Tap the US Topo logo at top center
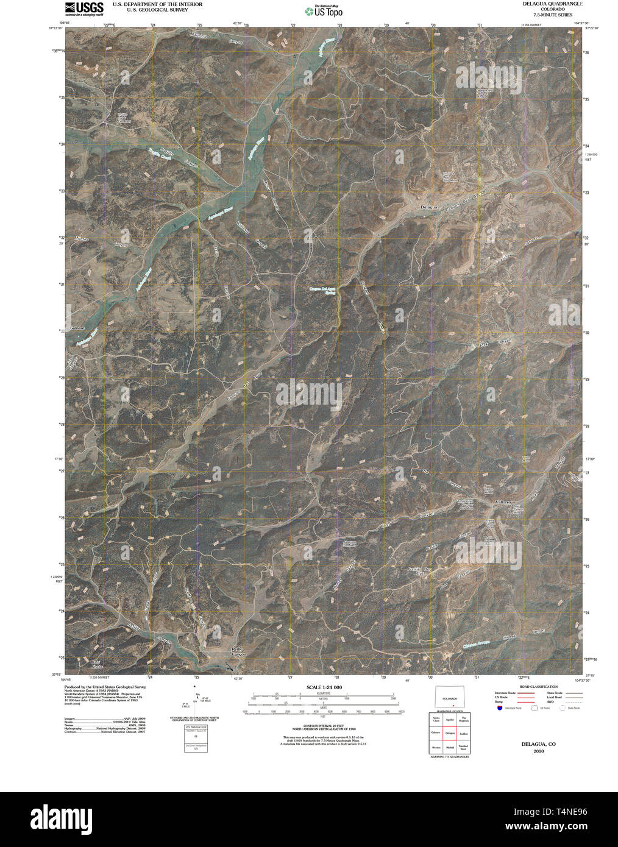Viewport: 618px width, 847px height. [x=324, y=10]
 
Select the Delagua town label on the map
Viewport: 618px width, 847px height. [x=429, y=207]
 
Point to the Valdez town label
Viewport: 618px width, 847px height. [x=503, y=501]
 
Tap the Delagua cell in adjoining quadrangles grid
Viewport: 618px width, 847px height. [x=450, y=732]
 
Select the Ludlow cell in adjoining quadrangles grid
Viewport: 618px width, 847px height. [x=464, y=732]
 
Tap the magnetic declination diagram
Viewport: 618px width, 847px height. [x=196, y=703]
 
